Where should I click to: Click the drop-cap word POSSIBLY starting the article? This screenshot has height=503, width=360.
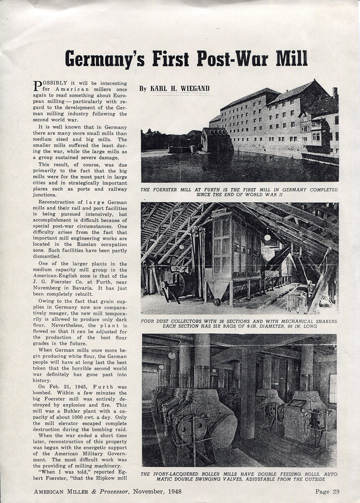point(49,83)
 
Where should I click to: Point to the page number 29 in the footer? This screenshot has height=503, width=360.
point(336,492)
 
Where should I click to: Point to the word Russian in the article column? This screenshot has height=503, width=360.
point(85,244)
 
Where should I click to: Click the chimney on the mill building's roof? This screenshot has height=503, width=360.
point(335,93)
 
